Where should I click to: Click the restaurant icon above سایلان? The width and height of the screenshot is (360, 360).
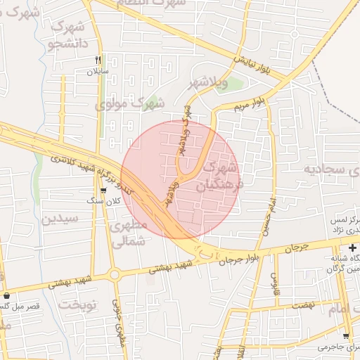click(x=98, y=60)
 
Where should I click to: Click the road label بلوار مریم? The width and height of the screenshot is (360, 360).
click(x=251, y=103)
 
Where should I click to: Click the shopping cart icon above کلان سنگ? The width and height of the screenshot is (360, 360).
click(x=103, y=190)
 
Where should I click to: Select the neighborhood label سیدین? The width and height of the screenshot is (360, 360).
click(x=62, y=218)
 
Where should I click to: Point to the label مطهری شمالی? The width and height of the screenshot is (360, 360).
click(x=129, y=233)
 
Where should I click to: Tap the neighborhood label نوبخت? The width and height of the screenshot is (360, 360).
click(x=77, y=304)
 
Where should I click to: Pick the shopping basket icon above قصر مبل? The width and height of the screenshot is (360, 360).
click(x=7, y=296)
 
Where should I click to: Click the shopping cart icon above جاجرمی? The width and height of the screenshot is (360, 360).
click(x=345, y=336)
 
